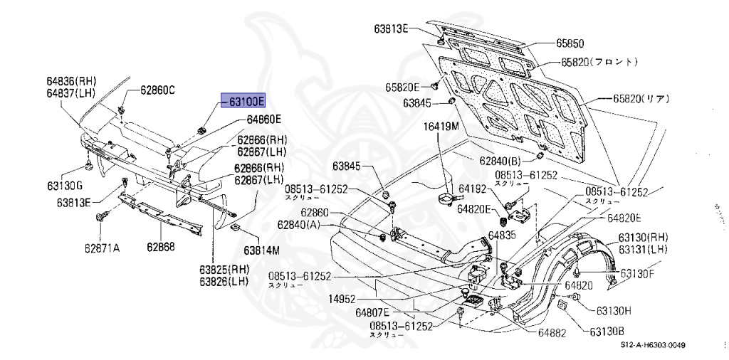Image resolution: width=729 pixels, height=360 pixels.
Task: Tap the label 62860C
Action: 157,90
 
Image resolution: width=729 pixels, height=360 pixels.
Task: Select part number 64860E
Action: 264,120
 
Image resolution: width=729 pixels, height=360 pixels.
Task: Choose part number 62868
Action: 162,248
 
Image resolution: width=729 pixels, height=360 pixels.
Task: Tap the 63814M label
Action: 262,250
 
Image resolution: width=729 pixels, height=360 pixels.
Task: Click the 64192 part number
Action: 471,189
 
